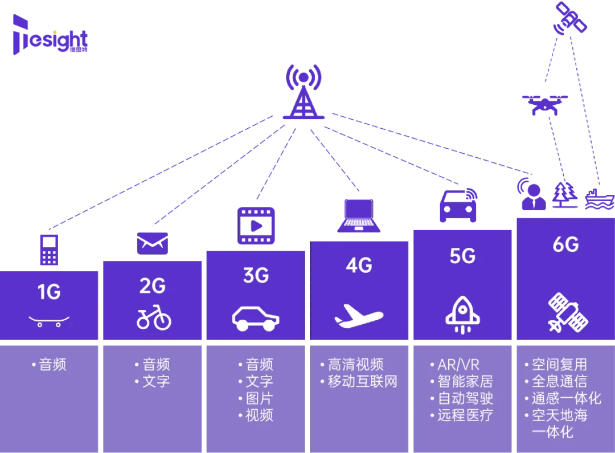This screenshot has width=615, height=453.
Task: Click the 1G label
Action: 49,292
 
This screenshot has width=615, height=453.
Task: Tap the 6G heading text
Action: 565,244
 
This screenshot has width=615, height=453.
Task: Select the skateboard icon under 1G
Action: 49,321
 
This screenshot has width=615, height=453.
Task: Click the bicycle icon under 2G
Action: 154,319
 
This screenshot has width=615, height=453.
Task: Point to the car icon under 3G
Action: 256,318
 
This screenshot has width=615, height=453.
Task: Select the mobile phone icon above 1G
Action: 49,250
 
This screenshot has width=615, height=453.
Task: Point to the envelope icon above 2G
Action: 153,242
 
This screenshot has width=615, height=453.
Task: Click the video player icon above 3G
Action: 256,226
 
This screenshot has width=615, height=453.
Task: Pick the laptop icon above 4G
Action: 359,215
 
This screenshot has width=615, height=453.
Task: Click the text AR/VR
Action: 458,365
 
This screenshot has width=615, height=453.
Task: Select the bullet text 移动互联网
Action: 362,381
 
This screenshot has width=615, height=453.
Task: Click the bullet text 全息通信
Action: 559,381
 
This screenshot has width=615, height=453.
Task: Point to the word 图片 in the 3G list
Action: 259,398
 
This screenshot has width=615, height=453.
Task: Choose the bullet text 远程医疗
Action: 465,415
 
